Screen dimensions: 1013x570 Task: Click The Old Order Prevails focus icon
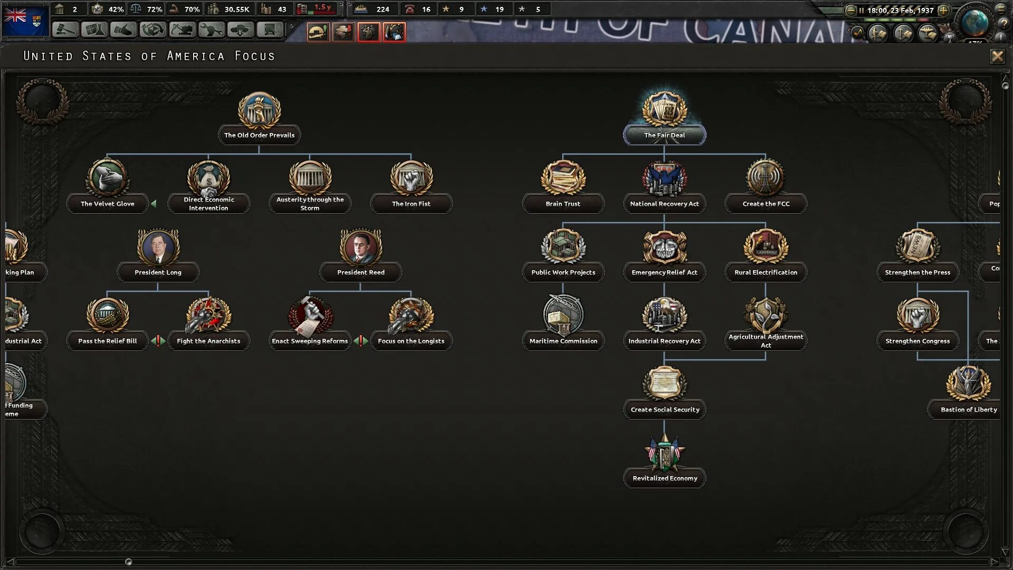259,110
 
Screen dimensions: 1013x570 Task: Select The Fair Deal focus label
664,135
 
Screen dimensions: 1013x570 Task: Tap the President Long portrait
158,246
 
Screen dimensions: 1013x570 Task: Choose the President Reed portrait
361,246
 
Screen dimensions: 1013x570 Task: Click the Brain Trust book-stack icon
563,178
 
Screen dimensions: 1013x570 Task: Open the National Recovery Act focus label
664,204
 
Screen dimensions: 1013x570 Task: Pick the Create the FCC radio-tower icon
766,178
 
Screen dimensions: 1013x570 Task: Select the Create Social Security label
665,410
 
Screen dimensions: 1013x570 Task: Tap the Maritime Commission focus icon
563,315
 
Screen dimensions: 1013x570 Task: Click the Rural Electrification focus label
766,272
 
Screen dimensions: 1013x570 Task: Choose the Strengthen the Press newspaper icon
918,246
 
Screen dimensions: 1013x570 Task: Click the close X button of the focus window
997,56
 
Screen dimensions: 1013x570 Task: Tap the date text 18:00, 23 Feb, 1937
900,10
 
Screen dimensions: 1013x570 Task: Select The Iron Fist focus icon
411,178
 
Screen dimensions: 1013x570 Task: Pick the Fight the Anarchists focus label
208,341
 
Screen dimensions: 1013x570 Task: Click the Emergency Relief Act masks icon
664,246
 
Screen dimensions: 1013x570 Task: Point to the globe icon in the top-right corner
974,22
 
